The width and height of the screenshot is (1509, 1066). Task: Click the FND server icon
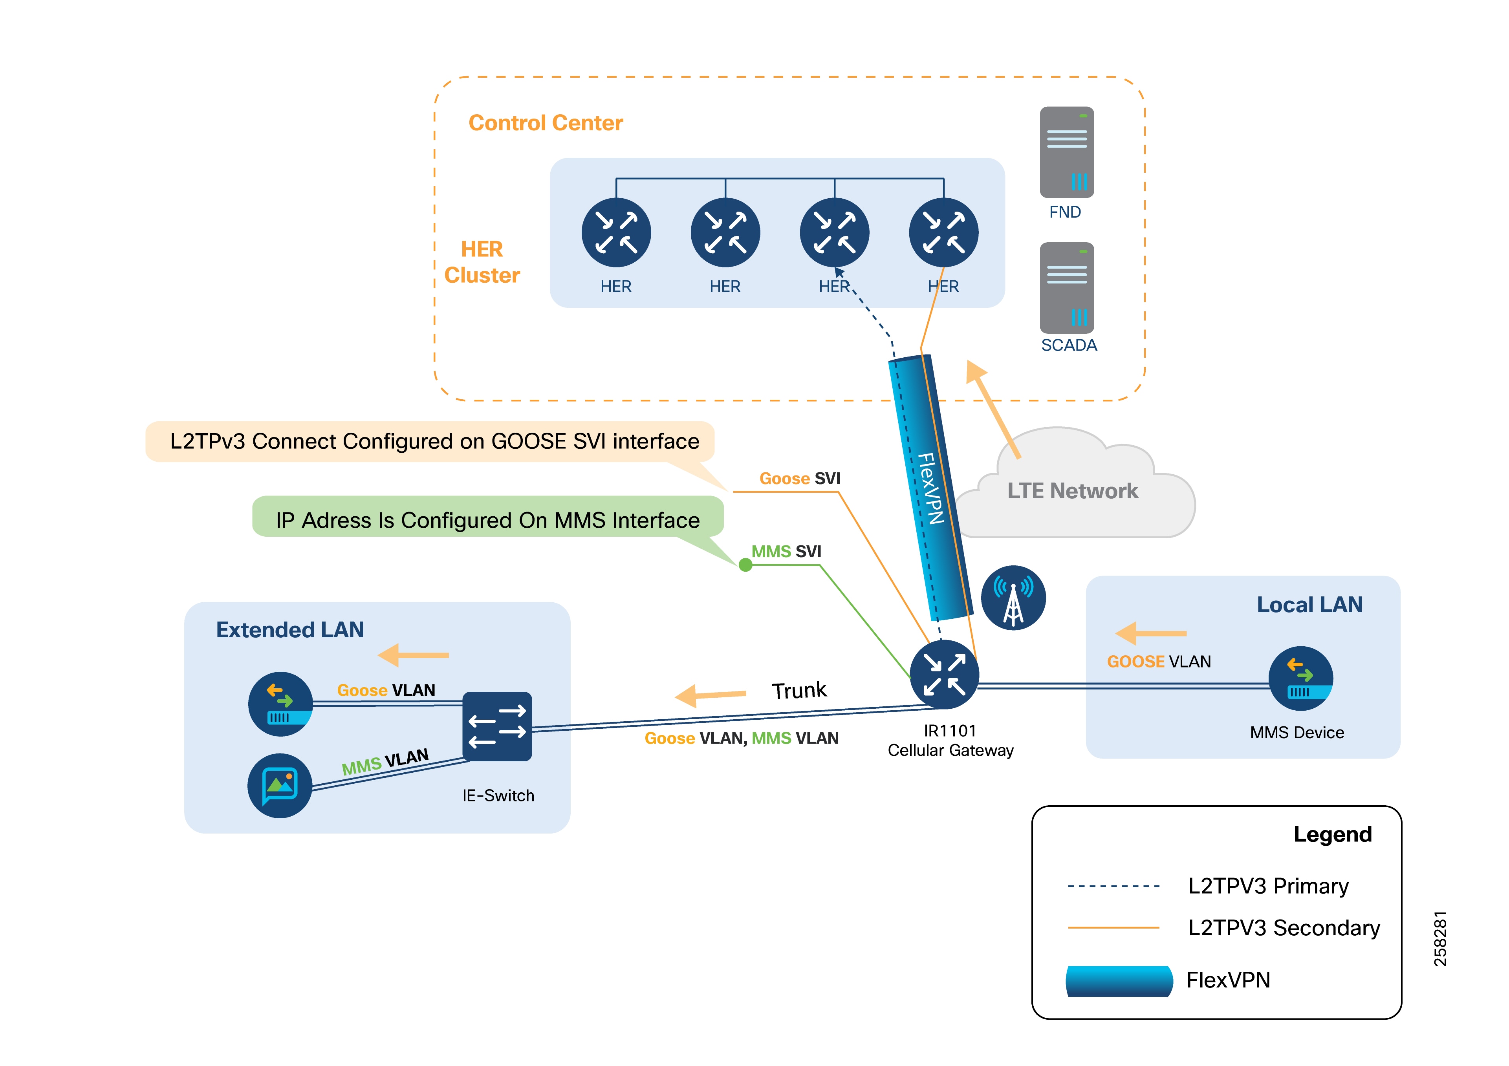[x=1066, y=152]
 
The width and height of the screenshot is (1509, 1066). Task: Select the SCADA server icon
[x=1066, y=288]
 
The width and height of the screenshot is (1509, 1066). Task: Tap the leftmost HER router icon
[x=616, y=233]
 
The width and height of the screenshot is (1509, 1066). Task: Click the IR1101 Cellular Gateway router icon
[x=944, y=674]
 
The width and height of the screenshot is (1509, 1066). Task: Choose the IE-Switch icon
[x=497, y=726]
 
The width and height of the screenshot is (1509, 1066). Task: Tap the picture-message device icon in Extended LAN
[x=280, y=785]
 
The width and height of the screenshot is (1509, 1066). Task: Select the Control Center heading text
[x=546, y=123]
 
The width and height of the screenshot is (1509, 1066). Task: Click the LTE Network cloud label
[x=1073, y=491]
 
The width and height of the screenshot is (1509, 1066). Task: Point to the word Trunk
[x=798, y=690]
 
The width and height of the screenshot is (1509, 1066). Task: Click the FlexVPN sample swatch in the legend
[x=1119, y=980]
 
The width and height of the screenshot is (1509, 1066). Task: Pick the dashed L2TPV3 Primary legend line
[x=1113, y=886]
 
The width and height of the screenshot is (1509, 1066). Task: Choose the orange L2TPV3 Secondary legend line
[x=1113, y=928]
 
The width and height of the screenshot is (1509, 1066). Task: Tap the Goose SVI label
[x=799, y=479]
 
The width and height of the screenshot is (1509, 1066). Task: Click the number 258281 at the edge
[x=1440, y=938]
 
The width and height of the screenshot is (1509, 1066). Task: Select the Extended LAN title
[x=290, y=630]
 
